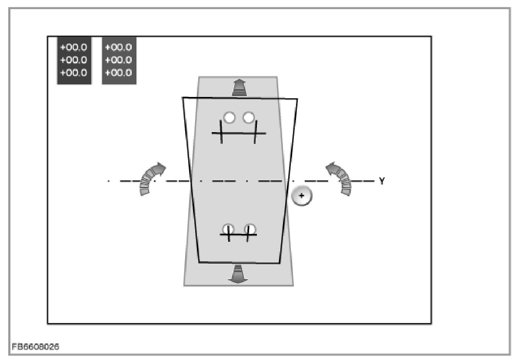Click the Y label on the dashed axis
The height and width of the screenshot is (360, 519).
[382, 181]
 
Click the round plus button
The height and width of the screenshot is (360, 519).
[302, 196]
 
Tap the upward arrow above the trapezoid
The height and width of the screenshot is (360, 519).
[238, 87]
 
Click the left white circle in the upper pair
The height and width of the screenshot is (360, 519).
[229, 117]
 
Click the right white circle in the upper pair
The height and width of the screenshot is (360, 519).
[249, 117]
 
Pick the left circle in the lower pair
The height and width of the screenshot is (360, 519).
[228, 229]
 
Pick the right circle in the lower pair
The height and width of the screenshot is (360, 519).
[250, 229]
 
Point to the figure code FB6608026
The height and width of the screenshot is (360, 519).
[35, 347]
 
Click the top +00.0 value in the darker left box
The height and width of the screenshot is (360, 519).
[74, 47]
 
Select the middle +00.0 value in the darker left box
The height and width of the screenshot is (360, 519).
[74, 60]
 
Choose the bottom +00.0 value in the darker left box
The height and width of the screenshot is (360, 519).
[74, 73]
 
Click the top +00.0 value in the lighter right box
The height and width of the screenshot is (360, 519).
[119, 47]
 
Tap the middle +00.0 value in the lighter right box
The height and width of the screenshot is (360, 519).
[119, 60]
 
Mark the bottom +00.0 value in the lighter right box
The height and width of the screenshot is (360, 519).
[119, 73]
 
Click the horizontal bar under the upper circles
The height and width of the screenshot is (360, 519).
[238, 133]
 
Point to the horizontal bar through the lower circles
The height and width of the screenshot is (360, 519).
[238, 235]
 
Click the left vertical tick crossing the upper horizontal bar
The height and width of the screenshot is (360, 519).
[221, 132]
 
